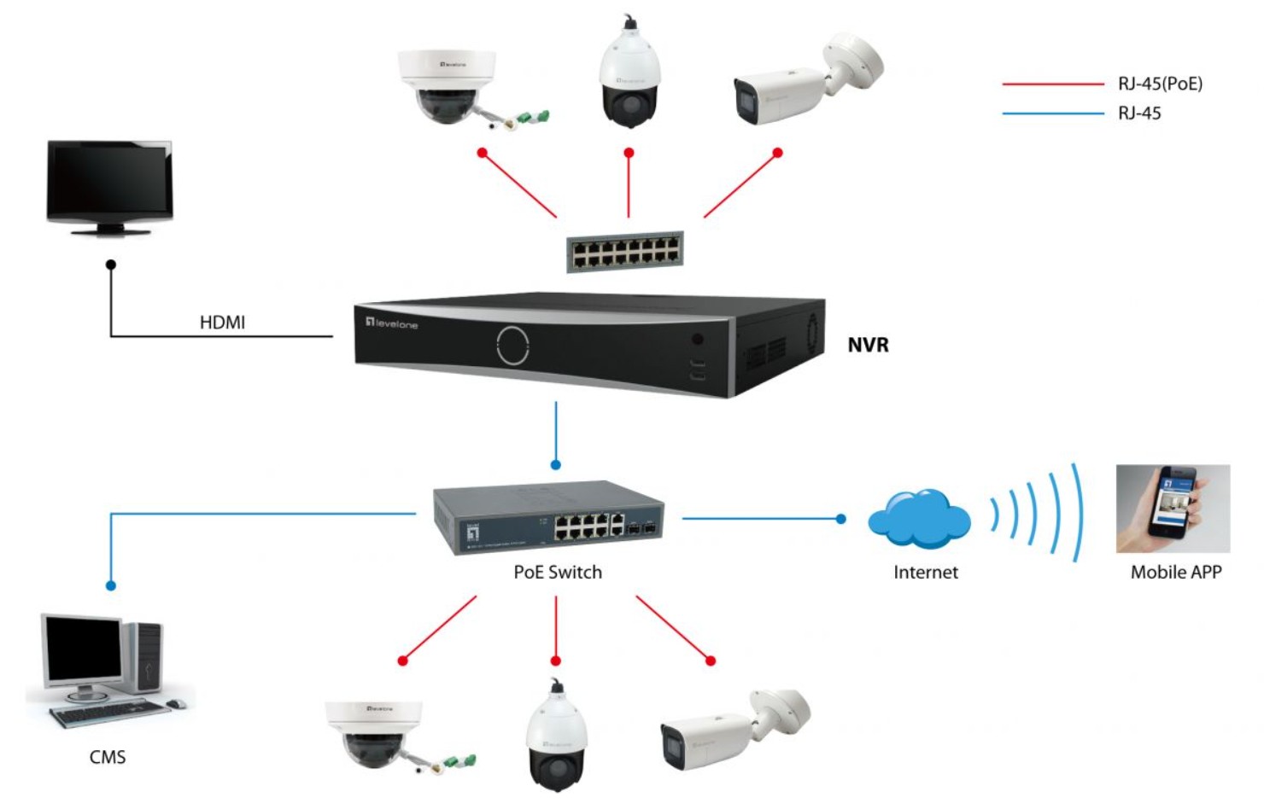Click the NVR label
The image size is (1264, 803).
[x=868, y=345]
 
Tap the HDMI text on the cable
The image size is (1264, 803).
[x=222, y=322]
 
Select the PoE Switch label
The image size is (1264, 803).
[x=558, y=572]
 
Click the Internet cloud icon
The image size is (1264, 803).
[x=919, y=518]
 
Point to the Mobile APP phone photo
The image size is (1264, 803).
[x=1173, y=509]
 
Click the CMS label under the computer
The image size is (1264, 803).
[x=108, y=757]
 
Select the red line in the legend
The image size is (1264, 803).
[x=1052, y=84]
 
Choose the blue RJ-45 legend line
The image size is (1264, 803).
[x=1052, y=113]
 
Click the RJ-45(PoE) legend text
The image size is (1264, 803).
[x=1160, y=84]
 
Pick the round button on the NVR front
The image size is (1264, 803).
[x=512, y=345]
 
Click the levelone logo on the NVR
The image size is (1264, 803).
[x=392, y=323]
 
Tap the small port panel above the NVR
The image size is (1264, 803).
[x=625, y=252]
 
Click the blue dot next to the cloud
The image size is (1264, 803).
[x=841, y=518]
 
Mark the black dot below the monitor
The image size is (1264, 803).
[x=111, y=265]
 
